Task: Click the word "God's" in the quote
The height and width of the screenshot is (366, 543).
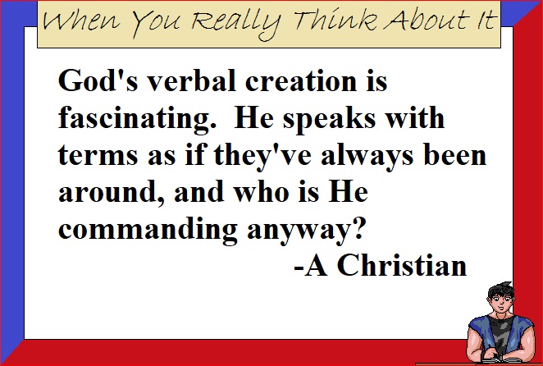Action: pyautogui.click(x=98, y=80)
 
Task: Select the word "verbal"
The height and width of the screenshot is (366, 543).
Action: pyautogui.click(x=192, y=80)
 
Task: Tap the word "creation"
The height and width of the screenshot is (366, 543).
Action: pyautogui.click(x=301, y=80)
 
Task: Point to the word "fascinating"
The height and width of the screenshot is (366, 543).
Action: pyautogui.click(x=135, y=119)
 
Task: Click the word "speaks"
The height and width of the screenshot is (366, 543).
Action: pyautogui.click(x=329, y=119)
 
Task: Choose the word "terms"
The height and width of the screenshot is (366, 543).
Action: pyautogui.click(x=98, y=155)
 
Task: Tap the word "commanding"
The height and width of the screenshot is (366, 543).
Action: pyautogui.click(x=148, y=230)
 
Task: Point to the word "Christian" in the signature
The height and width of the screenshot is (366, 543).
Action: pyautogui.click(x=402, y=266)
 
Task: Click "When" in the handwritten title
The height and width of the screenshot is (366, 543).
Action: pyautogui.click(x=82, y=21)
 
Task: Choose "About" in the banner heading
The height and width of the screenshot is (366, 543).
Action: pyautogui.click(x=426, y=20)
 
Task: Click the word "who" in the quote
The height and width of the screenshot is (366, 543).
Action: pyautogui.click(x=262, y=192)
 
